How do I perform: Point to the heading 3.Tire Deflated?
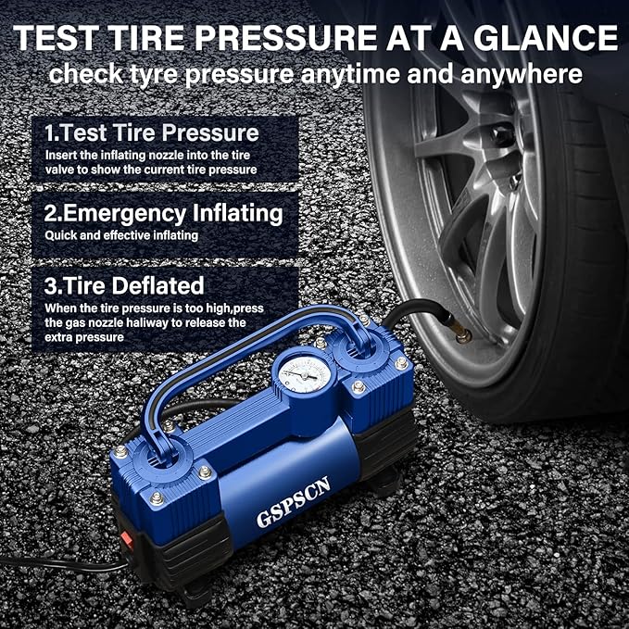click(124, 284)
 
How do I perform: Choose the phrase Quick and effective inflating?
click(120, 235)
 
